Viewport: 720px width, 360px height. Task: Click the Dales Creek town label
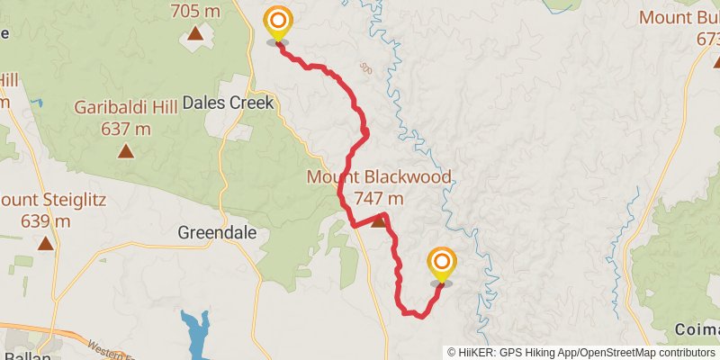(x=227, y=103)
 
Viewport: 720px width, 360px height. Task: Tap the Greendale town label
(x=217, y=232)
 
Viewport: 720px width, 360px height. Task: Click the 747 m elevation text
(x=379, y=198)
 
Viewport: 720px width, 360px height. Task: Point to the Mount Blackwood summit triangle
(x=379, y=220)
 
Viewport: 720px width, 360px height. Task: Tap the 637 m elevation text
(x=125, y=129)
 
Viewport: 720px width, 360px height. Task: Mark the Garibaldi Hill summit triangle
(x=125, y=151)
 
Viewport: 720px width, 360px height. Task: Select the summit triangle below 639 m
(x=45, y=243)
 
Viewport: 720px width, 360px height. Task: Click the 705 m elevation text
(x=195, y=12)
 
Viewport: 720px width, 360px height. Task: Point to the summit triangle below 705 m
(x=195, y=34)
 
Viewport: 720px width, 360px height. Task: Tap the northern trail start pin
(x=277, y=23)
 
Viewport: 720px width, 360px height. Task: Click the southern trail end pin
(x=442, y=265)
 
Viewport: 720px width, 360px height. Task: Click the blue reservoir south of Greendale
(x=194, y=334)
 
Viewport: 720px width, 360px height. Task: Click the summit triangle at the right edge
(x=715, y=61)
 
